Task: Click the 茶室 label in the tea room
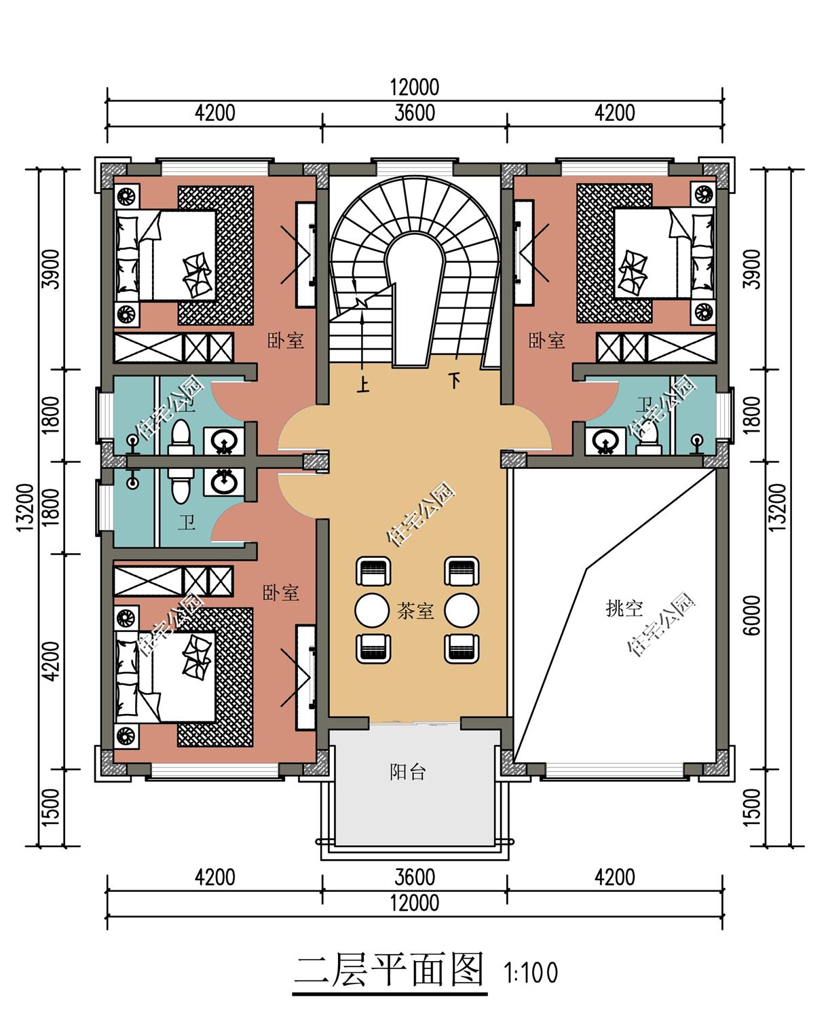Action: tap(415, 611)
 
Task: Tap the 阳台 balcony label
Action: tap(408, 772)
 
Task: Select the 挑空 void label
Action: tap(624, 608)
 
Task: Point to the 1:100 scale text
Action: tap(531, 973)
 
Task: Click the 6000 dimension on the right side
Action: tap(751, 616)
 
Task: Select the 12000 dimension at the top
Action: tap(414, 88)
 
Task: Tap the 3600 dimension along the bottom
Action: tap(414, 877)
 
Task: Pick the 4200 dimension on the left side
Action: tap(50, 660)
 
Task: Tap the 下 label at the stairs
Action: tap(453, 381)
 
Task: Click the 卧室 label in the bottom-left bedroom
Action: tap(281, 592)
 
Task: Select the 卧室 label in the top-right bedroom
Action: tap(547, 340)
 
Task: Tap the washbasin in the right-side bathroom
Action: tap(605, 442)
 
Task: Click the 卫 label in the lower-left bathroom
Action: tap(187, 523)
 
